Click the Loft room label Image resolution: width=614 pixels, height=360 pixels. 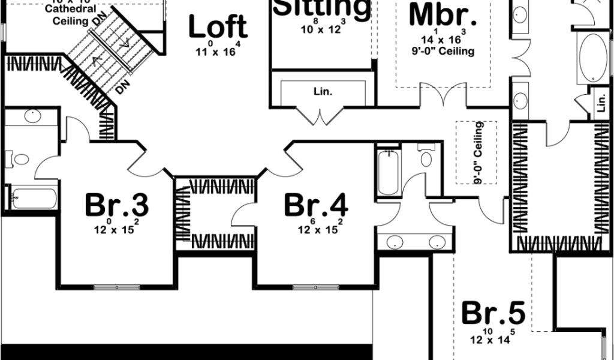pyautogui.click(x=218, y=27)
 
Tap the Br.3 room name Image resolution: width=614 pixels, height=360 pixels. pyautogui.click(x=116, y=205)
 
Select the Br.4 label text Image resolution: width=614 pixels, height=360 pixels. pyautogui.click(x=315, y=205)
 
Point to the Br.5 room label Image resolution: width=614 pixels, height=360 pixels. pyautogui.click(x=493, y=313)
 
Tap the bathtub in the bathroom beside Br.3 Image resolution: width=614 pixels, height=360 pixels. pyautogui.click(x=34, y=198)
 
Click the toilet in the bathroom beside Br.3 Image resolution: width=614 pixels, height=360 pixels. pyautogui.click(x=21, y=160)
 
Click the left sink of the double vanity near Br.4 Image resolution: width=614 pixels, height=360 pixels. pyautogui.click(x=394, y=242)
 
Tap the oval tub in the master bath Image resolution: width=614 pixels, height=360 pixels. pyautogui.click(x=592, y=59)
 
